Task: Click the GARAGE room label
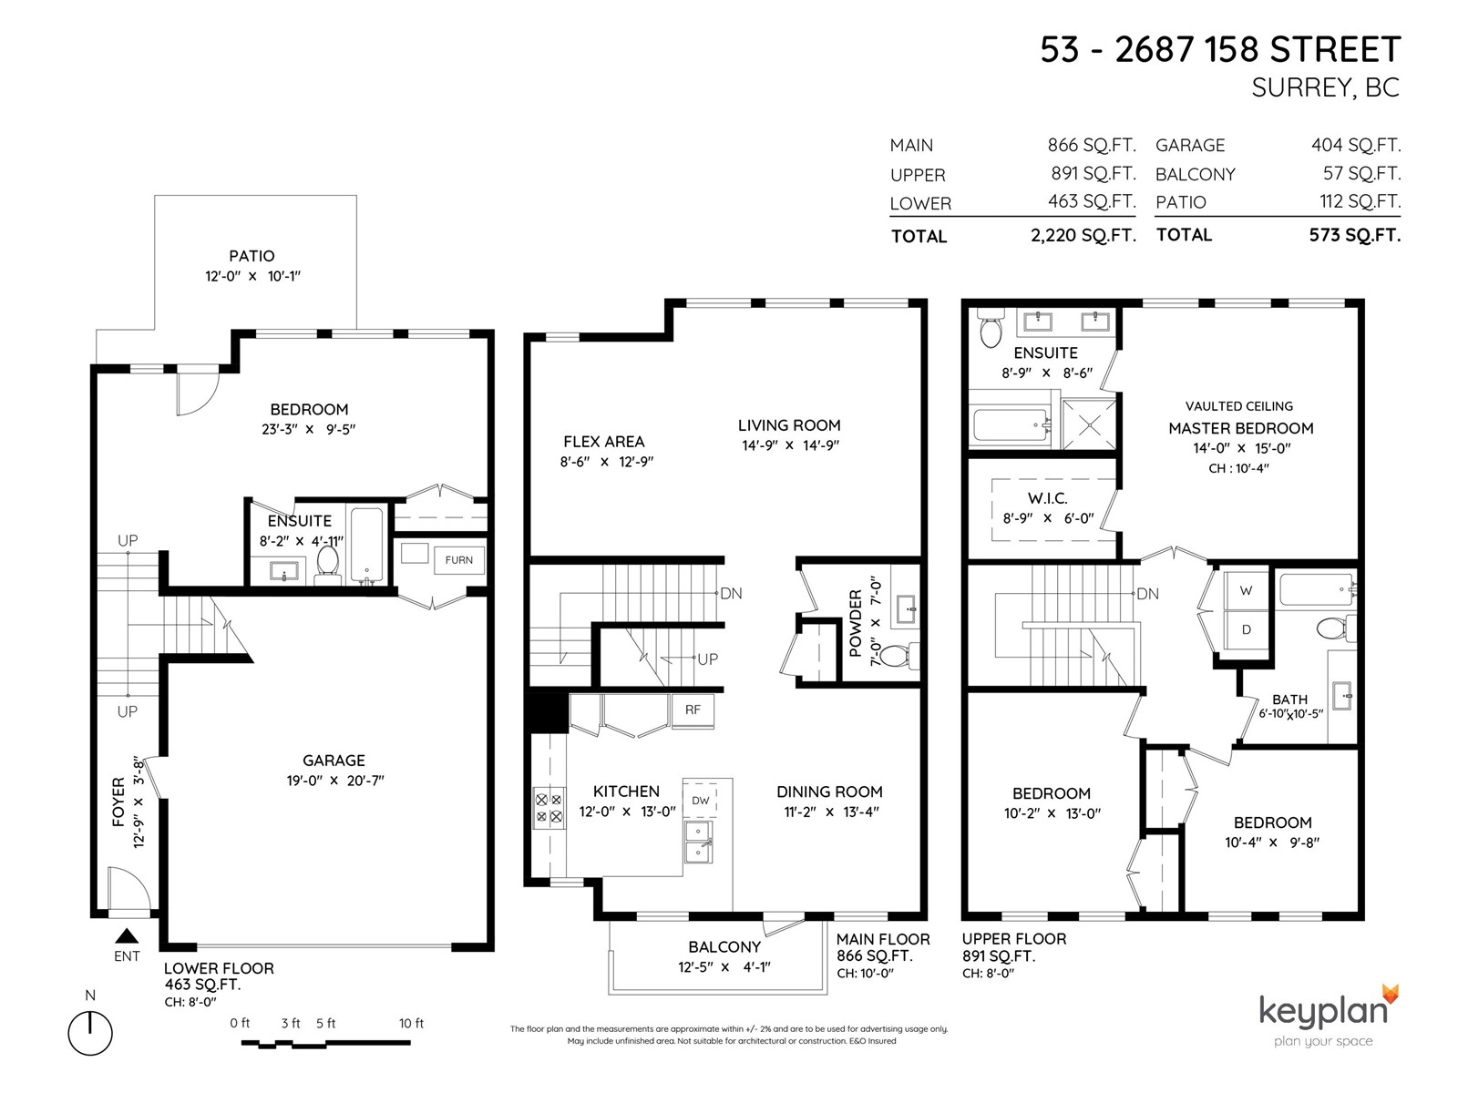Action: pos(334,761)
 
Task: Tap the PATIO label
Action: pos(252,256)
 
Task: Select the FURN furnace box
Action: pos(459,560)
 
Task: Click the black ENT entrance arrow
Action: pos(127,935)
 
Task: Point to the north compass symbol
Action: pos(90,1033)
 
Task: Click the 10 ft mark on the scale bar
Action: pos(411,1023)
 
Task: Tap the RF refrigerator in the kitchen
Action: pos(693,710)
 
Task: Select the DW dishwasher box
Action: pos(701,801)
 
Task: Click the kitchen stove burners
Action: pos(549,808)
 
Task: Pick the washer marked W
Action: pos(1246,590)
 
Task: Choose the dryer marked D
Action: pos(1246,629)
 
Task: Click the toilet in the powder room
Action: pos(902,656)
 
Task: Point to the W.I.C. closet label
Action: pos(1048,497)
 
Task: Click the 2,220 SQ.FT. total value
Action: pos(1083,235)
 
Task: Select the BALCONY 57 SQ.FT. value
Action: pos(1361,173)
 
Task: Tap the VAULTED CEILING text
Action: pos(1239,406)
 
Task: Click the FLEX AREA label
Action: pos(604,442)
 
